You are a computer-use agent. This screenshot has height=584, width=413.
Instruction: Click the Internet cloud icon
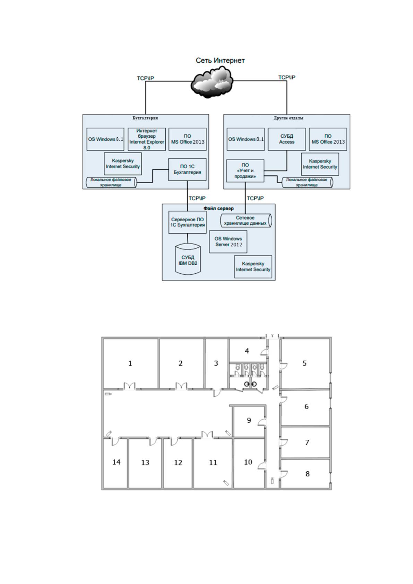pos(212,82)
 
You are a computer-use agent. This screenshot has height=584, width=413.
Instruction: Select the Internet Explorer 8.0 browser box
pos(147,139)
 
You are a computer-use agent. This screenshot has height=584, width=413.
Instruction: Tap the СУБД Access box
pos(287,139)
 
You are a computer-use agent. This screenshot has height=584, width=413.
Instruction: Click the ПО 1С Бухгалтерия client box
pos(187,170)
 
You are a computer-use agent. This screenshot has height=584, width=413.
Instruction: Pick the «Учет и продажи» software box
pos(245,171)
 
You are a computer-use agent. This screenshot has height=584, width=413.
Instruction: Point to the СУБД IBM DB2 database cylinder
pos(188,259)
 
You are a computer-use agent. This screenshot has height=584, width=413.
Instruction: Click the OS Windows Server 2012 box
pos(228,242)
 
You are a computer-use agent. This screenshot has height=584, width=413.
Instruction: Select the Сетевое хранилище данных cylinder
pos(246,221)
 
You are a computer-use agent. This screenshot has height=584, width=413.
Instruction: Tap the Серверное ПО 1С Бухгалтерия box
pos(188,222)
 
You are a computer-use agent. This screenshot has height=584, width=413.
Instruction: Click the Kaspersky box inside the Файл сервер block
pos(253,267)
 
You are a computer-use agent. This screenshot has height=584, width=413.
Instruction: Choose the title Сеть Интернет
pos(220,60)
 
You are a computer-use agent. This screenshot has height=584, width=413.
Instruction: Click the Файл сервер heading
pos(218,208)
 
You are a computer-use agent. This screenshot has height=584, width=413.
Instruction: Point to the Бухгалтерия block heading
pos(145,118)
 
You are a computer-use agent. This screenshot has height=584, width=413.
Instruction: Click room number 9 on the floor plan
pos(249,420)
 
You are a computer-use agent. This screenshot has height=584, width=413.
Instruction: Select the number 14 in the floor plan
pos(116,462)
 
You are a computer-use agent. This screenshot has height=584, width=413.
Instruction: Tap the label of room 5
pos(304,363)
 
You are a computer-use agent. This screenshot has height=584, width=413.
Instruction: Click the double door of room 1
pos(130,386)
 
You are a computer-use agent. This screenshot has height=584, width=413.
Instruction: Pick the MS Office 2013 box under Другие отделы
pos(328,139)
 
